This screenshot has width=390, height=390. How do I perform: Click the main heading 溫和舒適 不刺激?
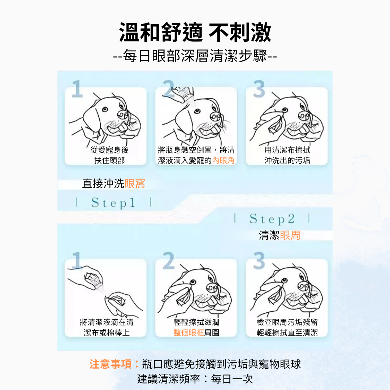tap(195, 32)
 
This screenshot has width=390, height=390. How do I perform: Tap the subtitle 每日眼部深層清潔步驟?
tap(195, 56)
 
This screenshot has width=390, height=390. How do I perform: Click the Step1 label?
tap(113, 203)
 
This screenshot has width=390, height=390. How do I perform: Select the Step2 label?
tap(272, 219)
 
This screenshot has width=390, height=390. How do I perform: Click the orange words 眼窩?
tap(135, 183)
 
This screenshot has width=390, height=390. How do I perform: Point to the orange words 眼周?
tap(290, 235)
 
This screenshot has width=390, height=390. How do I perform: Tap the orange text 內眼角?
tap(223, 160)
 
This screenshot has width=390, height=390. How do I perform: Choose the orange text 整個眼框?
tap(188, 333)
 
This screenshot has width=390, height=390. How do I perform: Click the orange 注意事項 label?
tap(110, 364)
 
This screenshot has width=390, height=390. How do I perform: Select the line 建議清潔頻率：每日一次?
tap(195, 379)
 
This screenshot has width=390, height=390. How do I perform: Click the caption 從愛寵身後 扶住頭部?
tap(109, 155)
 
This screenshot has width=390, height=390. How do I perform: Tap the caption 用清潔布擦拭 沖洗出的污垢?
tap(287, 155)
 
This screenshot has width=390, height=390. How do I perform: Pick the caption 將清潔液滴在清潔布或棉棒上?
tap(107, 327)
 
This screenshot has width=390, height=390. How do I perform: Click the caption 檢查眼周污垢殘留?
tap(287, 322)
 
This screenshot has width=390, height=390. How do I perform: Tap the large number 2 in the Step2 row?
tap(169, 260)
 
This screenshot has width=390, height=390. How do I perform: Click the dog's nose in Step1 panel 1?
tap(123, 115)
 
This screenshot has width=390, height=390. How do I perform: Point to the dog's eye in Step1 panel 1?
tap(105, 109)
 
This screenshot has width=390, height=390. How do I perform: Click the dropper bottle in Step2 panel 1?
tap(95, 281)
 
